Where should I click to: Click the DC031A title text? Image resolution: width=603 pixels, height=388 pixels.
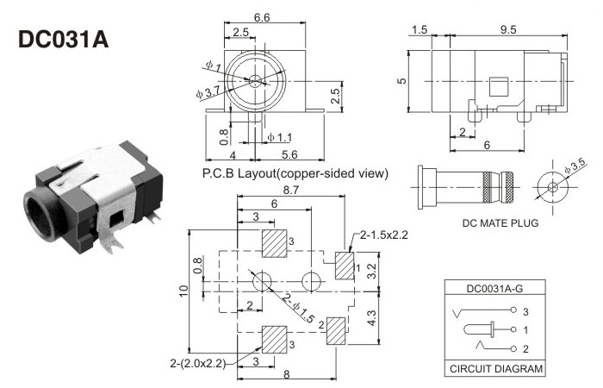62,41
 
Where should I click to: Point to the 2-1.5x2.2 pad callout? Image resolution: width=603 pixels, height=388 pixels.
383,235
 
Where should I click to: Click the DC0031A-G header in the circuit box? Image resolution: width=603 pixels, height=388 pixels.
495,290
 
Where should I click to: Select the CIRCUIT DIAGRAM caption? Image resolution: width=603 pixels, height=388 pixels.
495,368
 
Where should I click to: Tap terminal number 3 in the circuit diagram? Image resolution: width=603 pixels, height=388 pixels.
525,310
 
